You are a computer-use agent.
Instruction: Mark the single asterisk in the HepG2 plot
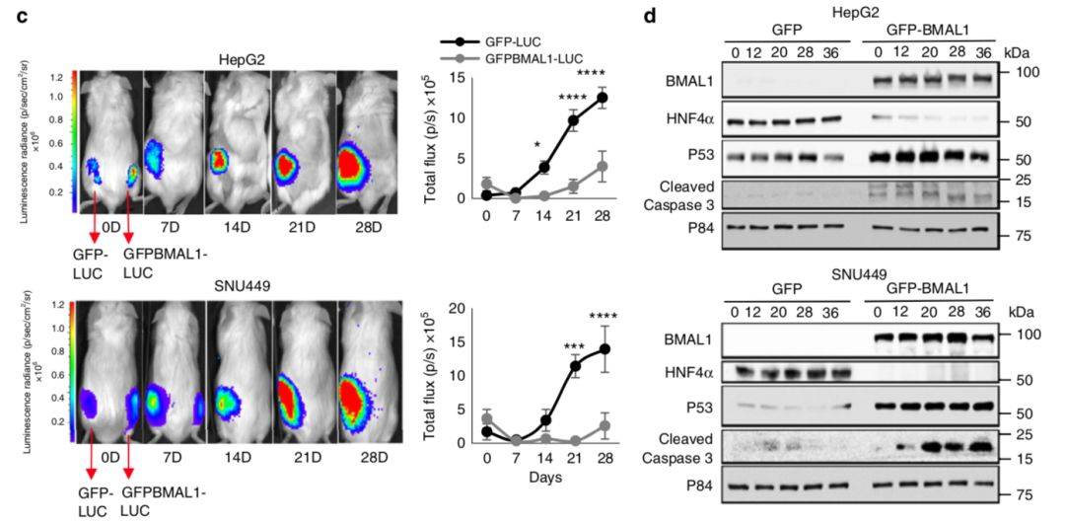[537, 145]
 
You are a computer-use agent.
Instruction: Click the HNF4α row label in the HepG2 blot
[713, 120]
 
